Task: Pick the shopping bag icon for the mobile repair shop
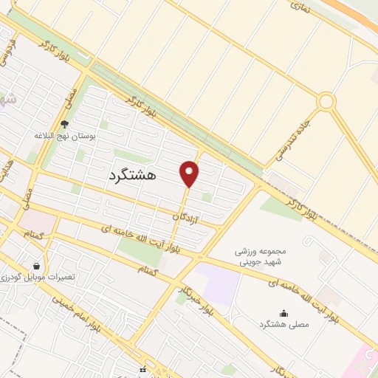click(37, 265)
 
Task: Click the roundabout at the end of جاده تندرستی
click(326, 101)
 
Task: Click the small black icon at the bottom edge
click(142, 370)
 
